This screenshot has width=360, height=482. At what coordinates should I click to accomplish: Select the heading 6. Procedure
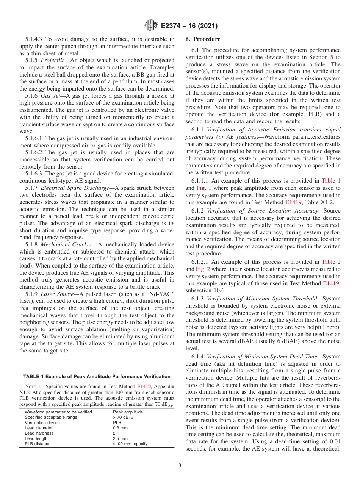[x=203, y=39]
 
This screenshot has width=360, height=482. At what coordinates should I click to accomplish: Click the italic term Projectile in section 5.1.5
[x=54, y=61]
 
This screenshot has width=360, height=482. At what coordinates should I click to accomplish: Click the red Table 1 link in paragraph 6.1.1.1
[x=330, y=181]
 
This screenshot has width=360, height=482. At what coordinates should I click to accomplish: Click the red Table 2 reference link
[x=330, y=262]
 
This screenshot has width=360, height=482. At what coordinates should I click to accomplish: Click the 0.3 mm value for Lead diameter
[x=120, y=428]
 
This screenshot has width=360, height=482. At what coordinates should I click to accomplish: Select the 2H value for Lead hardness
[x=116, y=433]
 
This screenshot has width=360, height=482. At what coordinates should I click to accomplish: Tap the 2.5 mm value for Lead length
[x=120, y=438]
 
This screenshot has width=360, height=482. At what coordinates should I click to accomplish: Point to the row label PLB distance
[x=38, y=444]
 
